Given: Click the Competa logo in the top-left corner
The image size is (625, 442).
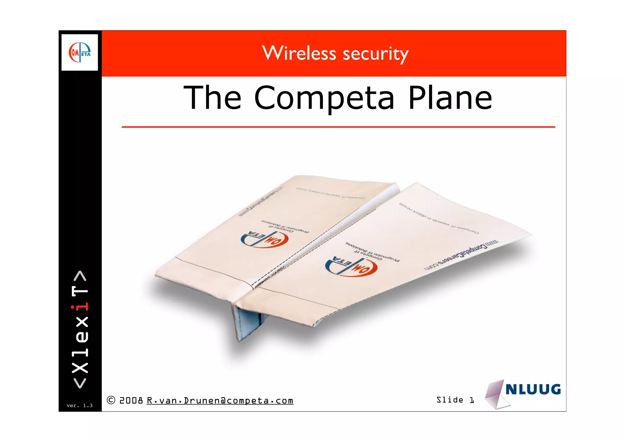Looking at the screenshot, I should pyautogui.click(x=80, y=52).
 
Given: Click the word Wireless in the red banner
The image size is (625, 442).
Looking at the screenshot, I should pyautogui.click(x=299, y=53).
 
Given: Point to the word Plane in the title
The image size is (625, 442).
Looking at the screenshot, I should pyautogui.click(x=450, y=97).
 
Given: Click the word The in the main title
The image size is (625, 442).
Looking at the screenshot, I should pyautogui.click(x=212, y=97).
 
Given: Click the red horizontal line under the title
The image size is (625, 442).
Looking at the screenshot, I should pyautogui.click(x=338, y=127).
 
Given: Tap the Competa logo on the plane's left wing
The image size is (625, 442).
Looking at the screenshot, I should pyautogui.click(x=264, y=239).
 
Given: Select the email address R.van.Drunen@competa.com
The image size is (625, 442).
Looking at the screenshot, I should pyautogui.click(x=220, y=400).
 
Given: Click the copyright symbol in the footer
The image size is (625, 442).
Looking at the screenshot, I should pyautogui.click(x=111, y=400).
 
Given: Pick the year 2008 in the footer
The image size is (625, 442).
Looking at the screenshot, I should pyautogui.click(x=131, y=400).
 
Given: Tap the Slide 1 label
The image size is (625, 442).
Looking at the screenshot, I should pyautogui.click(x=455, y=400).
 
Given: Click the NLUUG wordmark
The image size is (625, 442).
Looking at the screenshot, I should pyautogui.click(x=533, y=389).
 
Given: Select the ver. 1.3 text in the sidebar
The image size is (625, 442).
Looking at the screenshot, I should pyautogui.click(x=79, y=406).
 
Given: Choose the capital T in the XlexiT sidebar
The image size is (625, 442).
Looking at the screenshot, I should pyautogui.click(x=80, y=291).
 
